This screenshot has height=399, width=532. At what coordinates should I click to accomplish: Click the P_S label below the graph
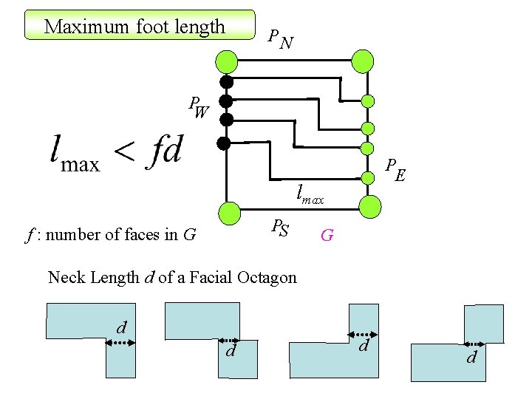tap(279, 228)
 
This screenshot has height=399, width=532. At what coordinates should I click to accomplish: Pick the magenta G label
tap(327, 236)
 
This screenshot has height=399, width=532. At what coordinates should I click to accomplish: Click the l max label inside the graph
tap(310, 194)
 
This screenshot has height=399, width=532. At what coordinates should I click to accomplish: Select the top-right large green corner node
tap(363, 61)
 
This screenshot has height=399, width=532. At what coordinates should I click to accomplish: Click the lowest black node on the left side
tap(224, 143)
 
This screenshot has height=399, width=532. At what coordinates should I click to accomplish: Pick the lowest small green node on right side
tap(365, 177)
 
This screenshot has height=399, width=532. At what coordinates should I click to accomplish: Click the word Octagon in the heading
tap(266, 278)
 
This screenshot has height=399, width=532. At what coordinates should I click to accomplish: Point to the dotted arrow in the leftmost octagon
tap(118, 341)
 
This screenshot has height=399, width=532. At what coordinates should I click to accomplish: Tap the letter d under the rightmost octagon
tap(471, 358)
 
